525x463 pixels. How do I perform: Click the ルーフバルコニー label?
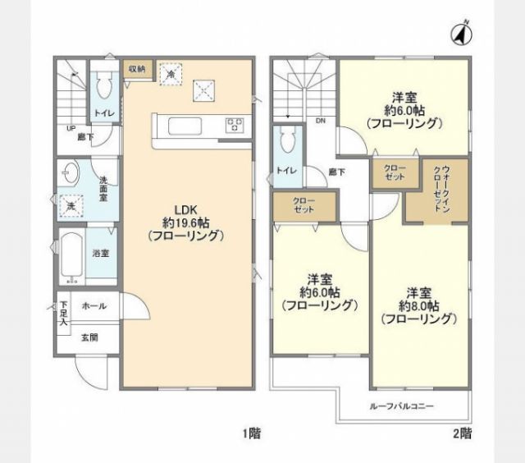pyautogui.click(x=402, y=406)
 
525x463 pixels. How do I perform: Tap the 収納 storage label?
pyautogui.click(x=135, y=70)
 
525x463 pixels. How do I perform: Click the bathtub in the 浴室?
pyautogui.click(x=72, y=257)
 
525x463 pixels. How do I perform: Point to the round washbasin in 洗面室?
pyautogui.click(x=67, y=174)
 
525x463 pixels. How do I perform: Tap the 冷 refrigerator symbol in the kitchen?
pyautogui.click(x=171, y=74)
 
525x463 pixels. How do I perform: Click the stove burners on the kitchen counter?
pyautogui.click(x=235, y=126)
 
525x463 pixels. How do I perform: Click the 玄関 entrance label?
pyautogui.click(x=89, y=337)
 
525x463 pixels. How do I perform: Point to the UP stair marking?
pyautogui.click(x=71, y=129)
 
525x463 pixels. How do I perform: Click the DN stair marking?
pyautogui.click(x=319, y=120)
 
